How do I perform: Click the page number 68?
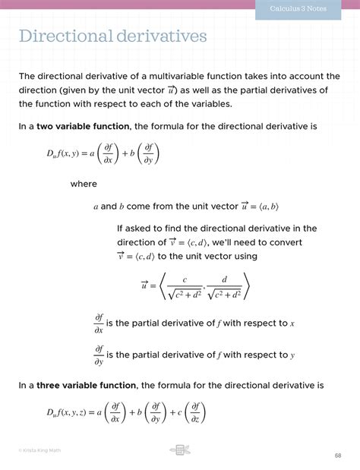click(338, 456)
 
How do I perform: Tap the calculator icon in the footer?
click(179, 450)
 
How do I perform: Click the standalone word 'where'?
click(84, 184)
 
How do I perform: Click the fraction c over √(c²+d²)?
click(185, 286)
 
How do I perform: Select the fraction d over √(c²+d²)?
click(224, 286)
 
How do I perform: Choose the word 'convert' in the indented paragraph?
click(282, 242)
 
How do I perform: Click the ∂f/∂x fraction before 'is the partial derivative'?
click(99, 323)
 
